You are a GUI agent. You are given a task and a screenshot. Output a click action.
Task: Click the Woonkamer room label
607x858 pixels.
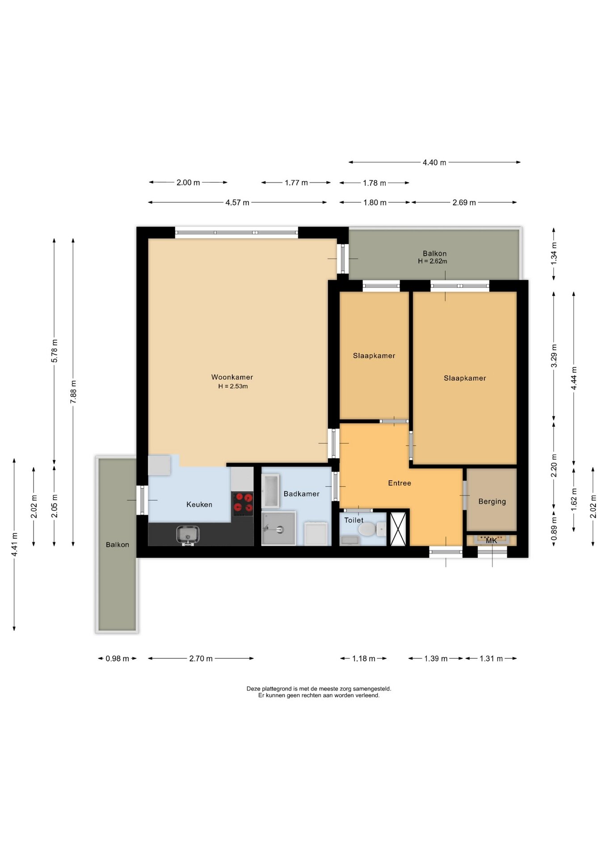click(232, 377)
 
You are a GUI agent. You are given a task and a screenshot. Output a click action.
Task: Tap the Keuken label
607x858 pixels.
click(199, 505)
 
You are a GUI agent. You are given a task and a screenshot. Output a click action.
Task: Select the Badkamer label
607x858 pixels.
click(302, 494)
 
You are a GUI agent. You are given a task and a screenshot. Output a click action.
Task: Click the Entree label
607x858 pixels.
click(400, 483)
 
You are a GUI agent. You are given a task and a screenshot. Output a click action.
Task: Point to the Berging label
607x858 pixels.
click(492, 501)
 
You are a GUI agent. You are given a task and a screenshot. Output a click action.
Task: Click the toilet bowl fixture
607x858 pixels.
click(368, 530)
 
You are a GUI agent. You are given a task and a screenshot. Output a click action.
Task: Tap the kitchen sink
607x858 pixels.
click(188, 534)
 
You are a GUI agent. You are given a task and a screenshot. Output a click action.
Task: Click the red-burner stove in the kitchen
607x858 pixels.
click(243, 504)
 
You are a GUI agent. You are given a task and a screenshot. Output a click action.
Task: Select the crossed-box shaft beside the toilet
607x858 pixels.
click(398, 529)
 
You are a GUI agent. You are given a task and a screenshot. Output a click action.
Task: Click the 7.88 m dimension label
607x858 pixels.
click(74, 392)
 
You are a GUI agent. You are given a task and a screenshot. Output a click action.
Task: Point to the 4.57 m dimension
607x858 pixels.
click(237, 202)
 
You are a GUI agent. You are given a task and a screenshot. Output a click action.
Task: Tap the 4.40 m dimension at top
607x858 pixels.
click(434, 163)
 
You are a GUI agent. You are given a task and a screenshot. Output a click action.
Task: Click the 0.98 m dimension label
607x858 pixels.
click(117, 659)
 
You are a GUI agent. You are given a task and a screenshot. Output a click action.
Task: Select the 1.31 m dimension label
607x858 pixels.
click(491, 659)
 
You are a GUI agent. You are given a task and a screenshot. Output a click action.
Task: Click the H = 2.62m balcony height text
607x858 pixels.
click(433, 261)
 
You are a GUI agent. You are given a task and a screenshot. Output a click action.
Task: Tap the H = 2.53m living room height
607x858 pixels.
click(233, 387)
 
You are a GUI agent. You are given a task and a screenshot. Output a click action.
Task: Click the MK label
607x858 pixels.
click(491, 541)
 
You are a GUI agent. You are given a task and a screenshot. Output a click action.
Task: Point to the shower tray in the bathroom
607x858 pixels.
click(278, 529)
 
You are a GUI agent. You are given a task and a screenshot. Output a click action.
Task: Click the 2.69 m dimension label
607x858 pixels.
click(464, 202)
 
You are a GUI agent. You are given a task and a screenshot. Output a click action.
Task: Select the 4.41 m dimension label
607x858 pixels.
click(15, 544)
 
